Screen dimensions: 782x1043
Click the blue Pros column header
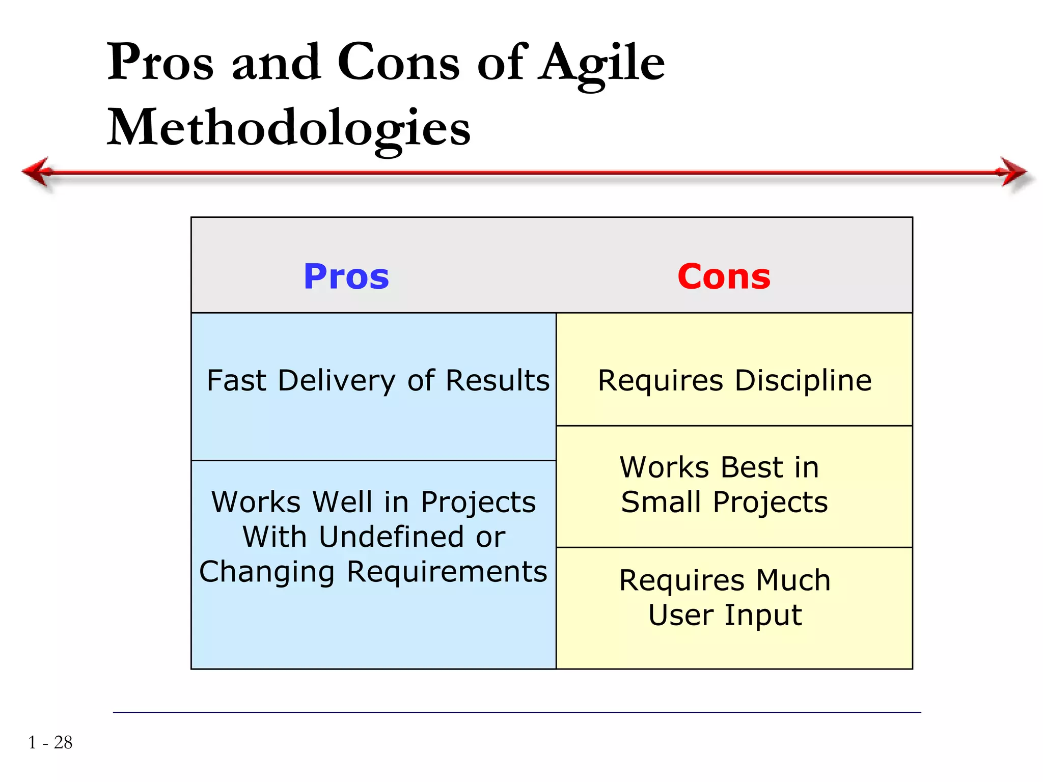coord(346,277)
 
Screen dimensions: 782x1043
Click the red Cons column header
coord(724,277)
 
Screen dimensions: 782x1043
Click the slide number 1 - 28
coord(50,742)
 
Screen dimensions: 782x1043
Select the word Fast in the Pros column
coord(236,381)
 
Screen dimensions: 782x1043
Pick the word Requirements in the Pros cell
coord(447,572)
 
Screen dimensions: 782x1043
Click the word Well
coord(342,502)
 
